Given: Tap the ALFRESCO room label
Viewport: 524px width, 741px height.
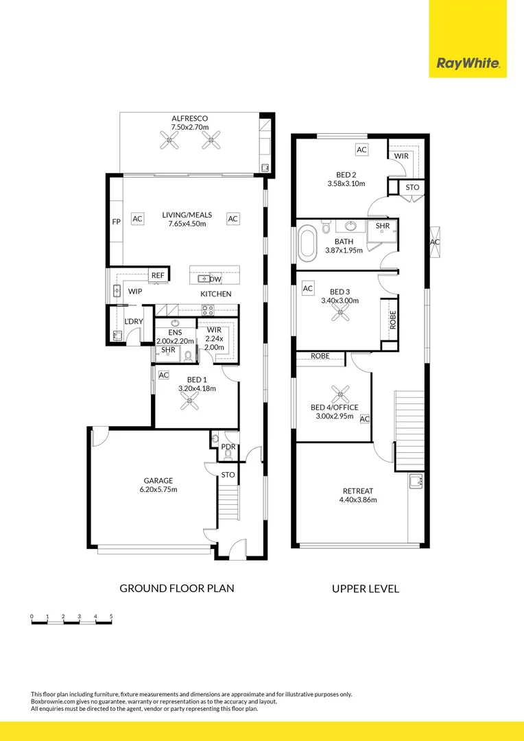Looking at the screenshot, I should pyautogui.click(x=189, y=119).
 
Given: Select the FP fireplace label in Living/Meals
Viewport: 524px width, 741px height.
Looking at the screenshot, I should pyautogui.click(x=116, y=222).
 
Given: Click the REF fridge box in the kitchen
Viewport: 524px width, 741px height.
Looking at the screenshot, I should pyautogui.click(x=158, y=275).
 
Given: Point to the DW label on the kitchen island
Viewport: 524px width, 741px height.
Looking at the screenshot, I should pyautogui.click(x=215, y=279).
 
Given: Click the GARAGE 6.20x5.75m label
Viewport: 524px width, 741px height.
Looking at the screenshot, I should pyautogui.click(x=158, y=485).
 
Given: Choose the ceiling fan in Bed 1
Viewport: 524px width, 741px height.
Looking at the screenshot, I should pyautogui.click(x=188, y=403).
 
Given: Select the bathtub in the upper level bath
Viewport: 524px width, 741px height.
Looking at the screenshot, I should pyautogui.click(x=307, y=244).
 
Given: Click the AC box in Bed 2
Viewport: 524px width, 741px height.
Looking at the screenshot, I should pyautogui.click(x=361, y=150).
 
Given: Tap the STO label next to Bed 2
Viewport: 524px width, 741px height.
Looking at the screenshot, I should pyautogui.click(x=412, y=187).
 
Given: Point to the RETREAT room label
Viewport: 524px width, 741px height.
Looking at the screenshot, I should pyautogui.click(x=357, y=495).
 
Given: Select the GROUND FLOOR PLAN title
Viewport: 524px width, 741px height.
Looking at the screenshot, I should pyautogui.click(x=177, y=588).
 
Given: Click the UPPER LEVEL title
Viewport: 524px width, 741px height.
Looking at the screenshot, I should pyautogui.click(x=365, y=588).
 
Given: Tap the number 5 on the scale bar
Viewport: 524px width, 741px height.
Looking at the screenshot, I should pyautogui.click(x=111, y=617).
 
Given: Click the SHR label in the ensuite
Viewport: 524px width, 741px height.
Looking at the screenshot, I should pyautogui.click(x=168, y=350).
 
